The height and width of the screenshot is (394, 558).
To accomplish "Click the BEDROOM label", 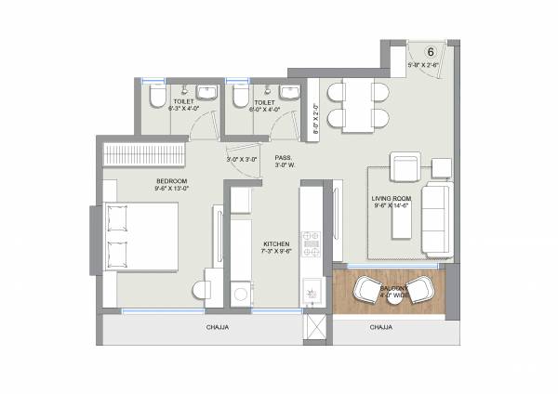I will coord(172,179).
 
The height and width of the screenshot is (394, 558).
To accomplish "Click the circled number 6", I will coord(431,53).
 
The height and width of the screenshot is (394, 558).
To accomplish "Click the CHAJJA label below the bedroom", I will coord(217,328).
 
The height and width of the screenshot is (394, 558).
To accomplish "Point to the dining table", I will coord(361,104).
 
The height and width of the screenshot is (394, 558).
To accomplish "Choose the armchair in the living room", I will coord(405,169).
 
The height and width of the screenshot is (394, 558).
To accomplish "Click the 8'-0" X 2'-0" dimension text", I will coord(313,118).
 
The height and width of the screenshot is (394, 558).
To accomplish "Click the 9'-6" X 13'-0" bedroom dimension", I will coord(172,188).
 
